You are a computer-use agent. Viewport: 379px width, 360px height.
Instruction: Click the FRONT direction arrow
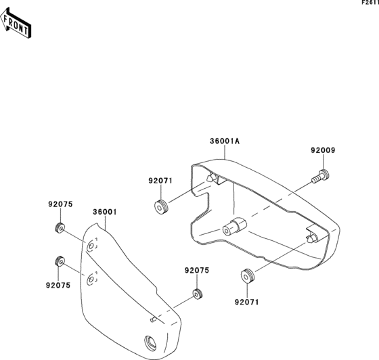point(16,23)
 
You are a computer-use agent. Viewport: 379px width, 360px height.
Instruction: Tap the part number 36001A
point(225,141)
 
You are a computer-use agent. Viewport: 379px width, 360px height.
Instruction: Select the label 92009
point(323,150)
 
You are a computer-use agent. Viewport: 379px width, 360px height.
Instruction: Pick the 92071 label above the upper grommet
point(160,181)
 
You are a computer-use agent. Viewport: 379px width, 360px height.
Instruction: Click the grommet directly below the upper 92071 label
point(161,207)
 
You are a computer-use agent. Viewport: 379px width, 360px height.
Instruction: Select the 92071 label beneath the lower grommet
point(247,302)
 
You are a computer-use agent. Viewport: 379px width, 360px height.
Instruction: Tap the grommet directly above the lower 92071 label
point(248,275)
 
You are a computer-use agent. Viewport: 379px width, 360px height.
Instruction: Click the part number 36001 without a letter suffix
point(105,212)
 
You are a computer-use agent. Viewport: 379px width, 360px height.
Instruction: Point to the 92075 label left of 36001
point(60,204)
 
